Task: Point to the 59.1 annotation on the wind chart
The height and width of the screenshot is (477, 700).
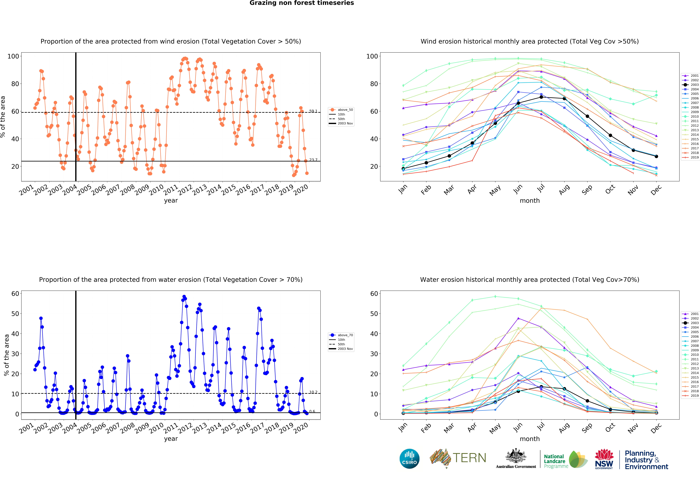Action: tap(313, 111)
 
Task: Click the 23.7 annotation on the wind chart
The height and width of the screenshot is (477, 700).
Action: tap(313, 160)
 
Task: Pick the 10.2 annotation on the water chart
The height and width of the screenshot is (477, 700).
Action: tap(313, 392)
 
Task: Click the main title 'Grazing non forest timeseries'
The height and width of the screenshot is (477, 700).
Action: tap(301, 3)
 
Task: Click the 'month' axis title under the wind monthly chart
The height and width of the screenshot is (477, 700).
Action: tap(529, 201)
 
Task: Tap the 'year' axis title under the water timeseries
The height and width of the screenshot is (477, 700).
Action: tap(171, 439)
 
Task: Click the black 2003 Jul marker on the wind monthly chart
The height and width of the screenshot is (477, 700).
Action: tap(541, 97)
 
